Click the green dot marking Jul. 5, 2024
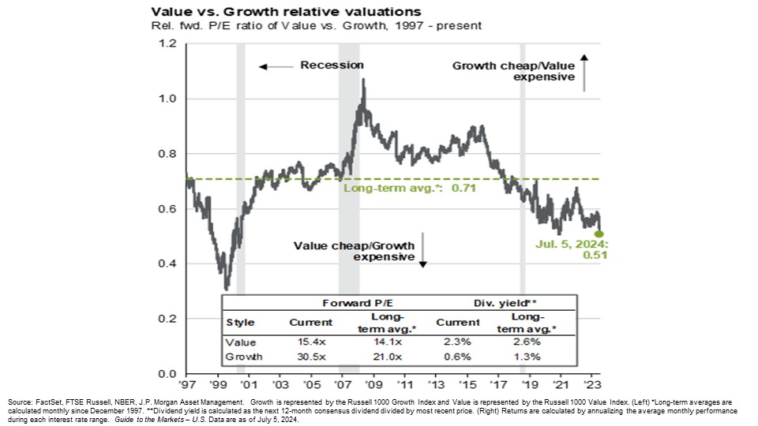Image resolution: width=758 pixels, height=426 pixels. coord(599,234)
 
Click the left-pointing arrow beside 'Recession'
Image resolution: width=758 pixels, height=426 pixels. coord(272,67)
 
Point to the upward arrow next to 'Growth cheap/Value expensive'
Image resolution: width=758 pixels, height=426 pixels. coord(584,73)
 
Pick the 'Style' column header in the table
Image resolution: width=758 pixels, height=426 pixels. coord(241,322)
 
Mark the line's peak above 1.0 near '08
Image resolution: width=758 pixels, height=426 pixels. coord(362,79)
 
